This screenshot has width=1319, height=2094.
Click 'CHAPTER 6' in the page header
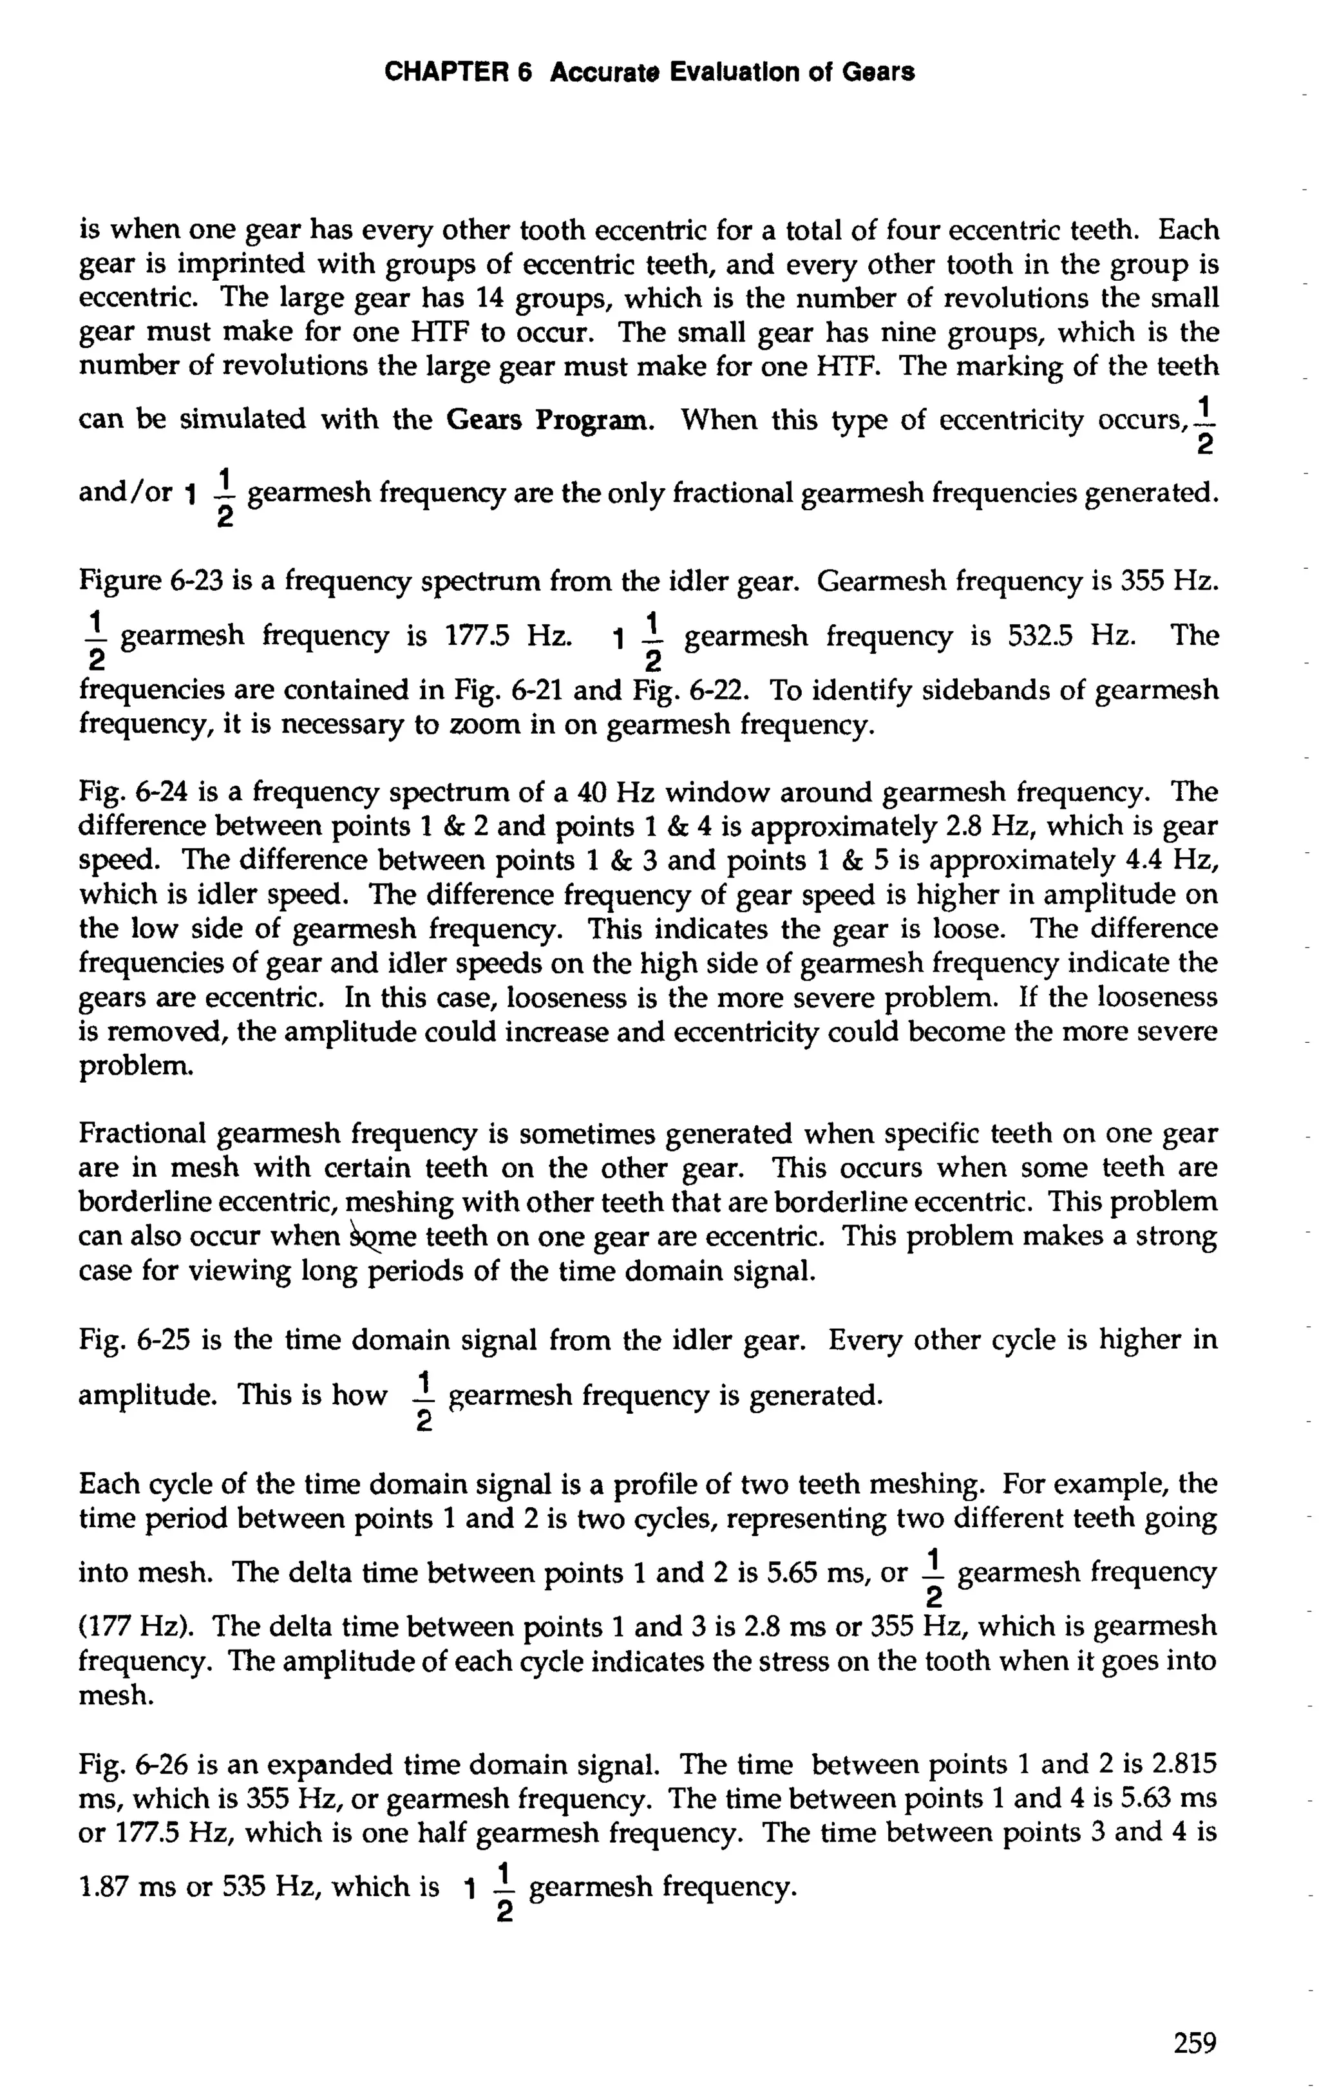click(457, 72)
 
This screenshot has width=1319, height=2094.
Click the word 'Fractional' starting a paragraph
click(142, 1134)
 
